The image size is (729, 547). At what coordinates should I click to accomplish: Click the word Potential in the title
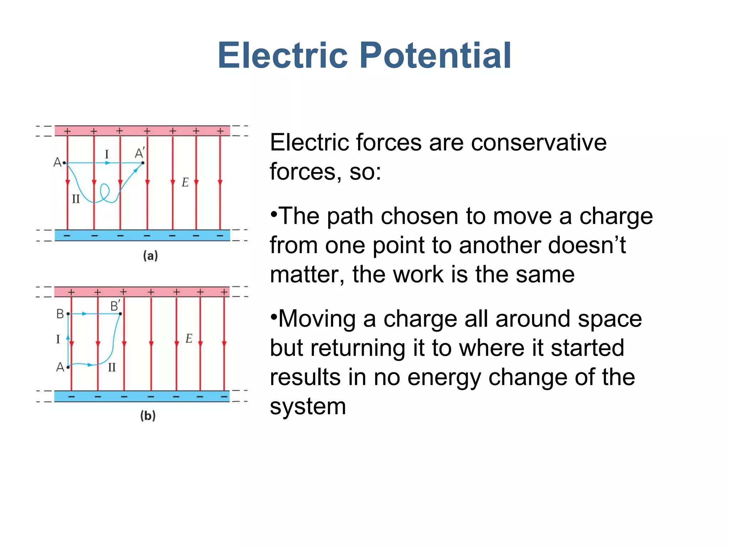pos(435,56)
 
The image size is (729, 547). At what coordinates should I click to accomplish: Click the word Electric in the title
pos(283,56)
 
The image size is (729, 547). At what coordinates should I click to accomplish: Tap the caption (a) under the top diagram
pos(150,256)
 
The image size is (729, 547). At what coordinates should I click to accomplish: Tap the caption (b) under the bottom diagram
pos(148,416)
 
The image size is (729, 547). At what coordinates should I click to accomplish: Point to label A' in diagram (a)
pos(139,153)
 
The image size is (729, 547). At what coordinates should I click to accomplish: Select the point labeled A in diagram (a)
pos(64,163)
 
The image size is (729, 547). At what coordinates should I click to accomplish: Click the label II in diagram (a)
pos(76,199)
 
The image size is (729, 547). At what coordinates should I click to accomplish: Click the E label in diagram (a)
pos(185,182)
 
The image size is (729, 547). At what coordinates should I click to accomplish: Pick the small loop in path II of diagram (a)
pos(105,192)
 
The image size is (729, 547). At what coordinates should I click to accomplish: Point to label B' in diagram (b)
pos(115,306)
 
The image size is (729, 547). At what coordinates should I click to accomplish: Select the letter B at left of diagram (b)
pos(60,314)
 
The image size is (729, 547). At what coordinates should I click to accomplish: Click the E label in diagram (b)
pos(189,338)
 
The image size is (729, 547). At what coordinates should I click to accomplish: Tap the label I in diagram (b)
pos(58,339)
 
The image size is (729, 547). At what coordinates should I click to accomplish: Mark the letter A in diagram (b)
pos(60,367)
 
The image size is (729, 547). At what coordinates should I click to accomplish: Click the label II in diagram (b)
pos(112,367)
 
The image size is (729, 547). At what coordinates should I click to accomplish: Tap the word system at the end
pos(308,406)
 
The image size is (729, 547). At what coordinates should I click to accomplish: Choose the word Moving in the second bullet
pos(317,319)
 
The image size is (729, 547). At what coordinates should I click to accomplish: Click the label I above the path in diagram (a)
pos(106,154)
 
